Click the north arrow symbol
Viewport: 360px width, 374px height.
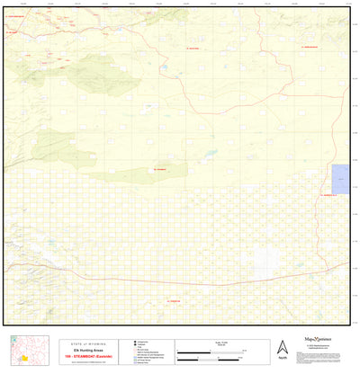point(283,346)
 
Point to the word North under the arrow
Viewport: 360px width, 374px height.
point(283,359)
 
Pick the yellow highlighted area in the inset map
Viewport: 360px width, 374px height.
point(25,357)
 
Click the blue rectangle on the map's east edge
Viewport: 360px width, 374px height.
point(341,178)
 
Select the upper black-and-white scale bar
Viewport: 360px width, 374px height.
point(212,348)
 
